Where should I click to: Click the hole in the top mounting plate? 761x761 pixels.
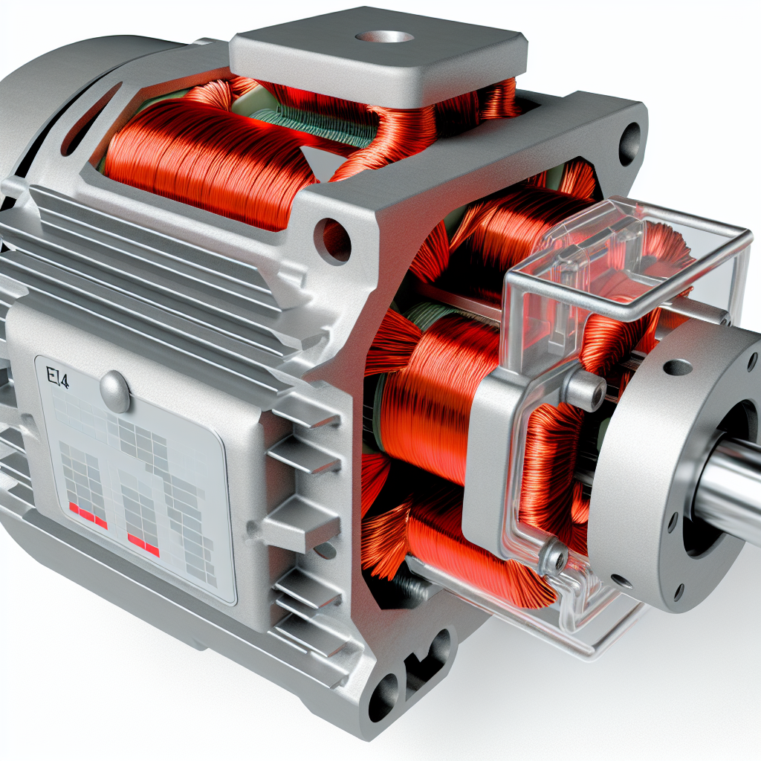(x=383, y=36)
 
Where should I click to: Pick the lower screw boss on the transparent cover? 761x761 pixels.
(x=553, y=554)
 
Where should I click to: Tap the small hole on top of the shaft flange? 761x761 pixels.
(x=677, y=366)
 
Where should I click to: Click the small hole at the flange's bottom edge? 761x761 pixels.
(x=678, y=592)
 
